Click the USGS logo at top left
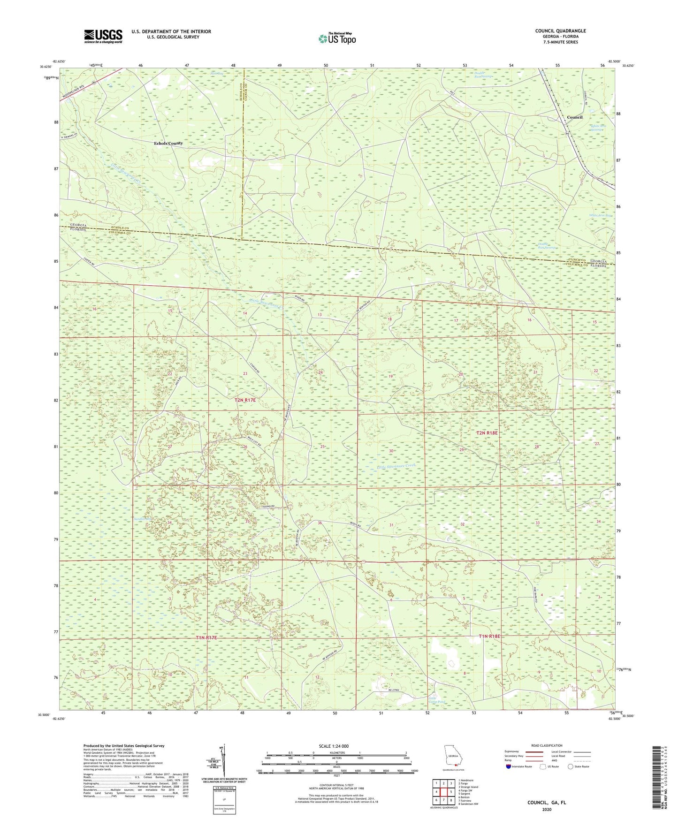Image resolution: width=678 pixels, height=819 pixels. (x=103, y=36)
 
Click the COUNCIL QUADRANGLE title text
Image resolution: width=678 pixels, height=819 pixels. (x=560, y=31)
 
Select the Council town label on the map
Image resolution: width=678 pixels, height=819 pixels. (x=574, y=117)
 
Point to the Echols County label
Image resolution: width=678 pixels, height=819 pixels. (x=168, y=143)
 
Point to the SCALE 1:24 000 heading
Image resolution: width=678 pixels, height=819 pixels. (x=334, y=746)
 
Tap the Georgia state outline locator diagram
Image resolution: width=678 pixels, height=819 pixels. (x=453, y=756)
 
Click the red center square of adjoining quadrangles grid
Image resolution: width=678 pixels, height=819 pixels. (x=443, y=792)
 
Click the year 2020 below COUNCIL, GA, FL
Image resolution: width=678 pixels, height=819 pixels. (x=546, y=809)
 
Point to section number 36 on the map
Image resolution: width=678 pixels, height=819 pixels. (x=320, y=523)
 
